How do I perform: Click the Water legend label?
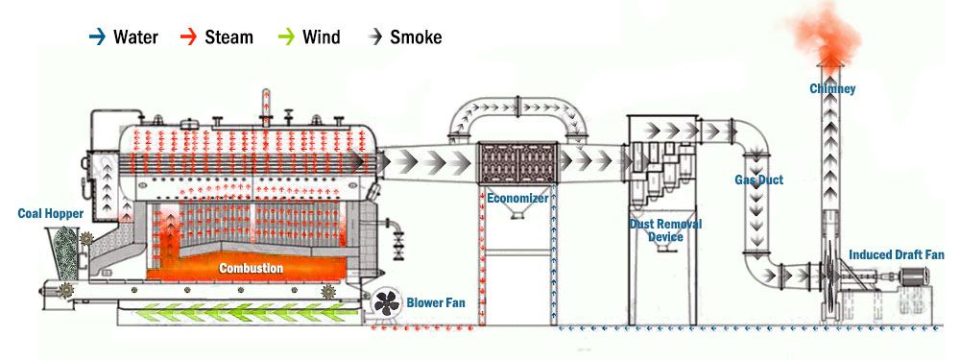click(x=135, y=37)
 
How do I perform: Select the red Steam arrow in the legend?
click(x=188, y=37)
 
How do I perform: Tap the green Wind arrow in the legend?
click(x=284, y=37)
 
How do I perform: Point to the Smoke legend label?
click(x=417, y=37)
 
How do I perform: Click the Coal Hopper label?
click(x=51, y=213)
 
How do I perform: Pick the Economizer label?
click(x=516, y=198)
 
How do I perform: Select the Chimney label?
click(x=831, y=89)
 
